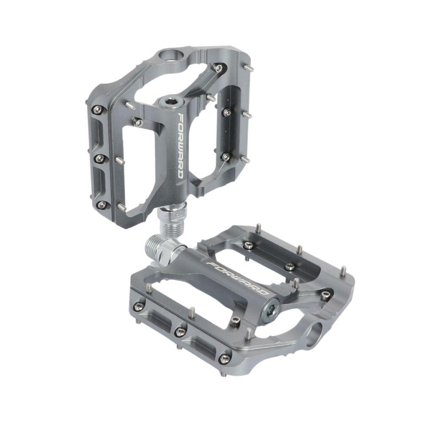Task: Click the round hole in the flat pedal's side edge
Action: pyautogui.click(x=315, y=334)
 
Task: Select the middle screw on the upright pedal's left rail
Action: pyautogui.click(x=99, y=158)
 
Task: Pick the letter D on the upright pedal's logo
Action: pyautogui.click(x=180, y=173)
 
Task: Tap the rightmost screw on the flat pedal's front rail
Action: pyautogui.click(x=225, y=359)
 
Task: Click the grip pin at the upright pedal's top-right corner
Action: pyautogui.click(x=250, y=68)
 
